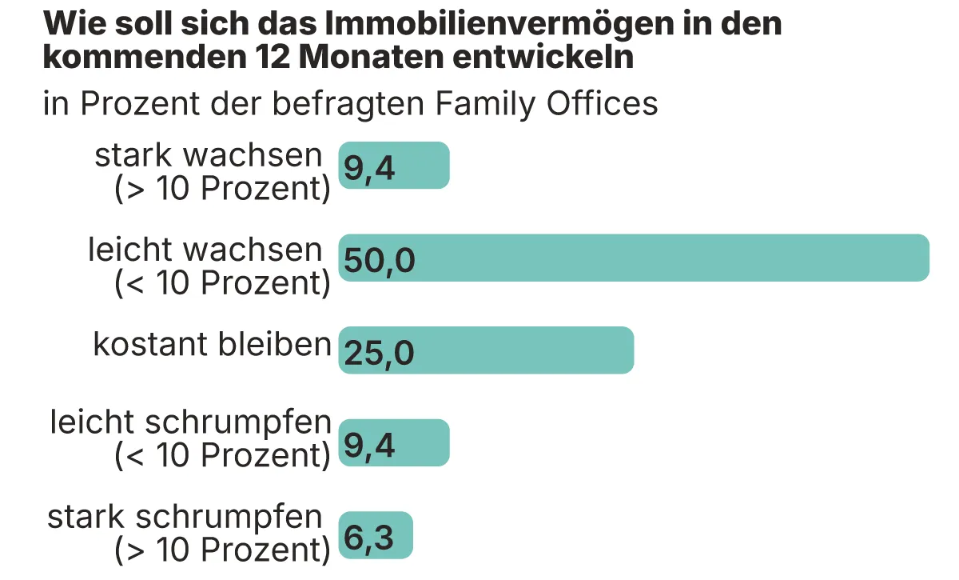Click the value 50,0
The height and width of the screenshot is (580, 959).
(380, 260)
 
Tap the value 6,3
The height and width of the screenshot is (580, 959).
(369, 538)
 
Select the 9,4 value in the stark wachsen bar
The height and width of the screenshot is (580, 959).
(369, 168)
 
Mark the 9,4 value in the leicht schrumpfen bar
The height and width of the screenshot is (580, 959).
(369, 446)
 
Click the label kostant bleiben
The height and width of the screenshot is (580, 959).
(212, 344)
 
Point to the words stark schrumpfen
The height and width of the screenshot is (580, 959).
(185, 518)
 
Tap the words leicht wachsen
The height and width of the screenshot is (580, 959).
(205, 250)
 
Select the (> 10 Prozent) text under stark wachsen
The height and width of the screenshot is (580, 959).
(222, 189)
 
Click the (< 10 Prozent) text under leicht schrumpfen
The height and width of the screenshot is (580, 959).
(222, 454)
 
